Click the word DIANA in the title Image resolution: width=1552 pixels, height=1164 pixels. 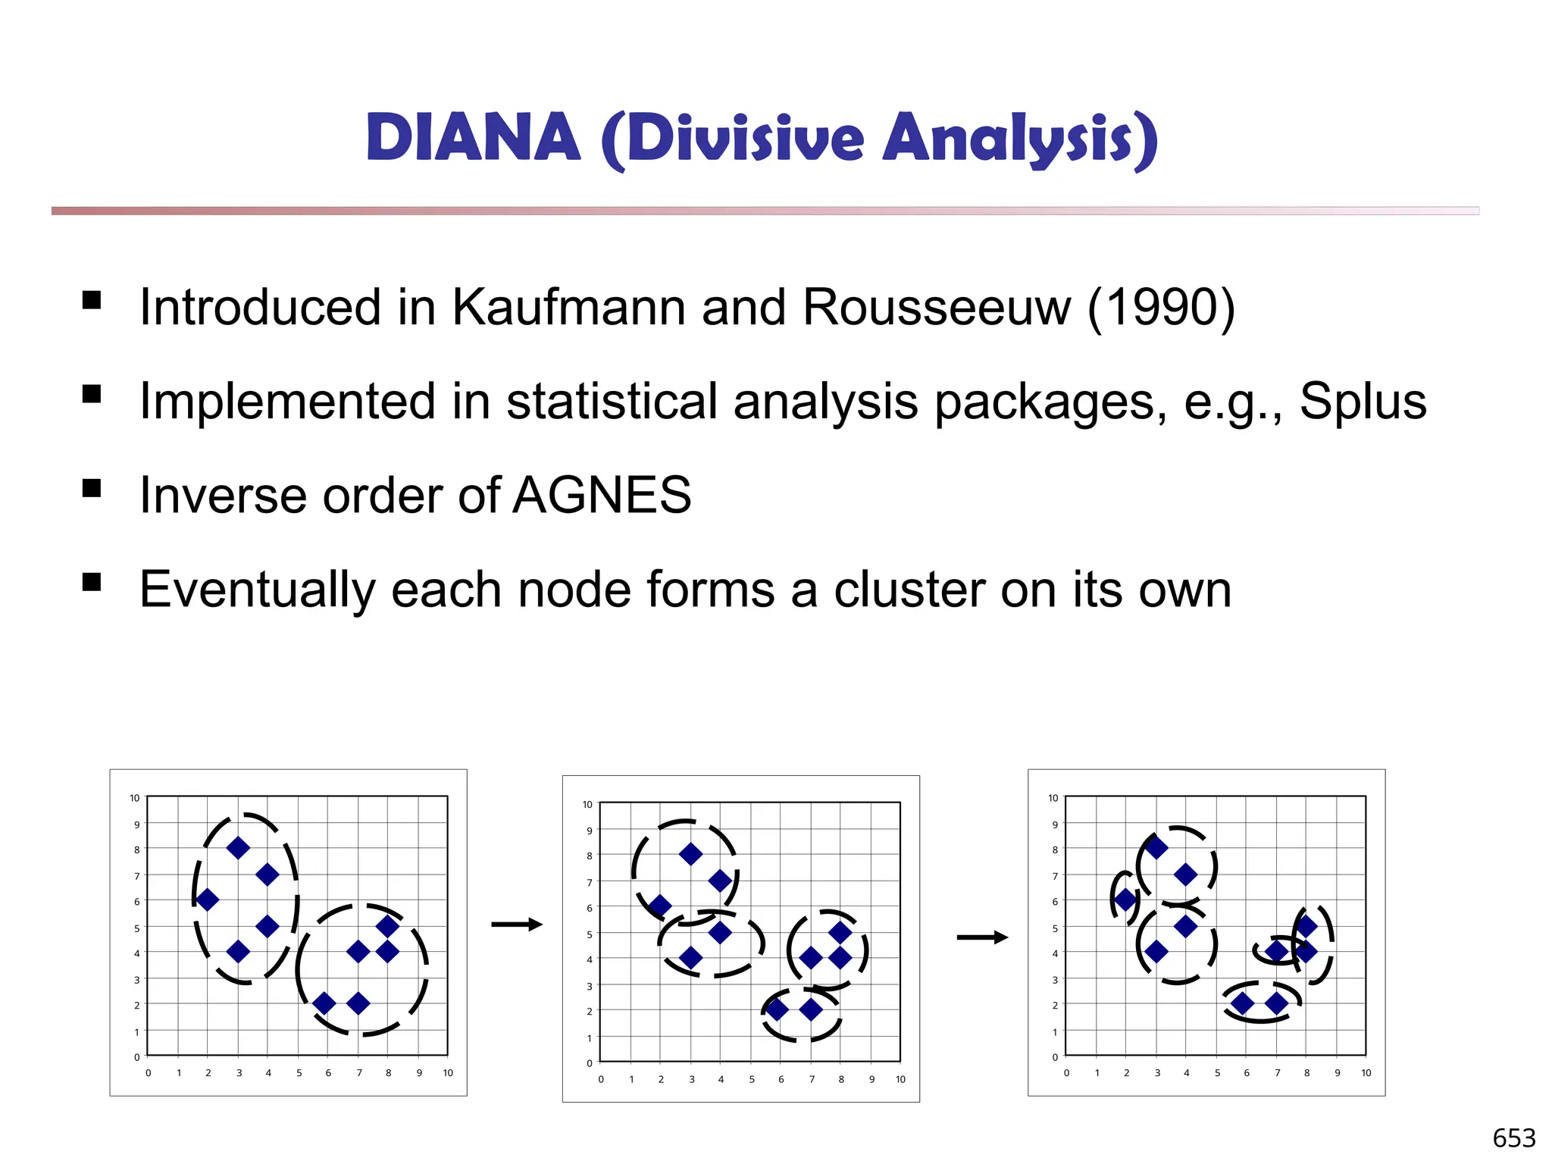pos(473,138)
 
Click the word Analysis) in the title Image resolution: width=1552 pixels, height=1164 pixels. pos(1020,139)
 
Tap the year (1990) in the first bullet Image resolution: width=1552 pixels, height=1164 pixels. pos(1161,308)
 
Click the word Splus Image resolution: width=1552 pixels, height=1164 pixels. pos(1363,402)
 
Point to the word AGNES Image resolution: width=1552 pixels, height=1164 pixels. pos(602,496)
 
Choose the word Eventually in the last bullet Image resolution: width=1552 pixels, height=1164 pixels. pos(256,591)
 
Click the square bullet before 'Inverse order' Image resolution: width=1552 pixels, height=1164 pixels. pos(92,488)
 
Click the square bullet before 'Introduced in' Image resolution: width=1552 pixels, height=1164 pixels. pos(92,300)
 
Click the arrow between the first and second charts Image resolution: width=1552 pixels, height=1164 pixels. pos(517,925)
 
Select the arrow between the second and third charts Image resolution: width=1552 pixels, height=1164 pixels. pos(982,938)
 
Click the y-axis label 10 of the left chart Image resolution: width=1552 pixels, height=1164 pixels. pos(135,798)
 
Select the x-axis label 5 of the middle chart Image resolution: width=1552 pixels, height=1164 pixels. pos(752,1080)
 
